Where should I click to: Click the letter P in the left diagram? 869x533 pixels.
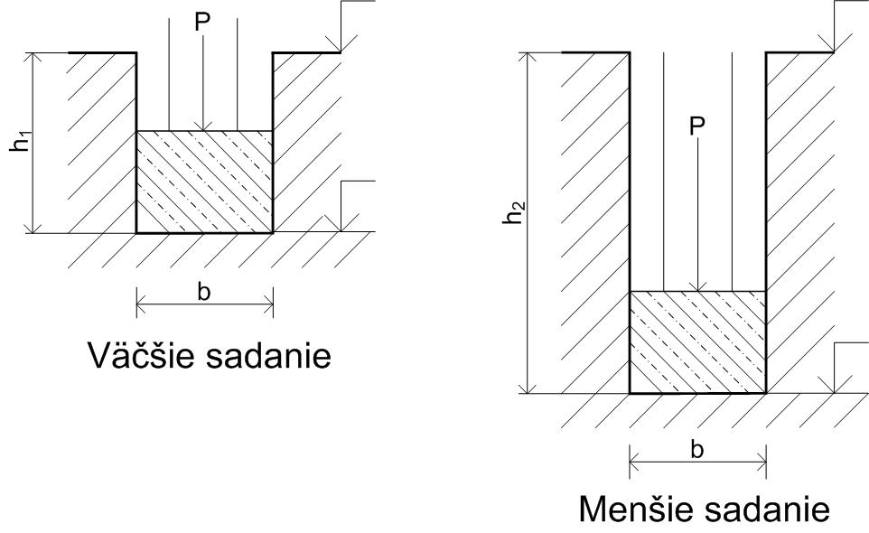point(202,22)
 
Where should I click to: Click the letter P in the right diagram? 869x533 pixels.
point(696,126)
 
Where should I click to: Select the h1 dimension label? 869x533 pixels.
point(22,144)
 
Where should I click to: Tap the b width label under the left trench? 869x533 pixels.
point(204,292)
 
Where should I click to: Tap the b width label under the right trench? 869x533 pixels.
point(697,450)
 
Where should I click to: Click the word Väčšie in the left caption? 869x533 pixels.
point(141,355)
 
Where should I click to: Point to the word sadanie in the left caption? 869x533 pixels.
point(268,355)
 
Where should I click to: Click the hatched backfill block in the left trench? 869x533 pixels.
point(204,182)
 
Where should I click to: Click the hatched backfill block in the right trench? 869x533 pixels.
point(697,342)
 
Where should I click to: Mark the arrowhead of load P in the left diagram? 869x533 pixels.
point(203,126)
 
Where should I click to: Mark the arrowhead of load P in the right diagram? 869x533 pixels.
point(697,287)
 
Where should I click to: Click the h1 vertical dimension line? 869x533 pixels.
point(33,143)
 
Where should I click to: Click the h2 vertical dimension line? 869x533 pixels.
point(527,223)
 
